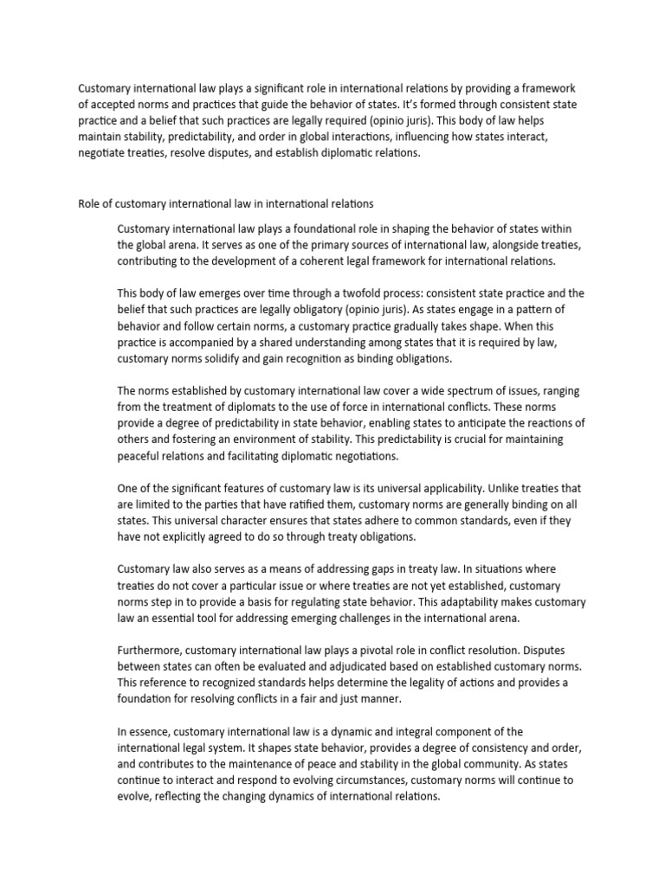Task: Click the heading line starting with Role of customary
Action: tap(226, 204)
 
